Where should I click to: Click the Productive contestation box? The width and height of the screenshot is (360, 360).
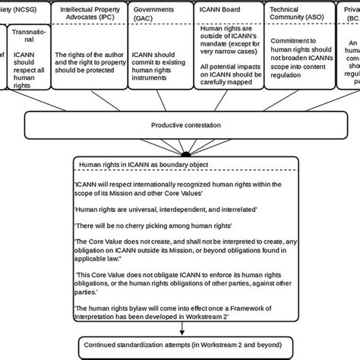pos(181,124)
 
